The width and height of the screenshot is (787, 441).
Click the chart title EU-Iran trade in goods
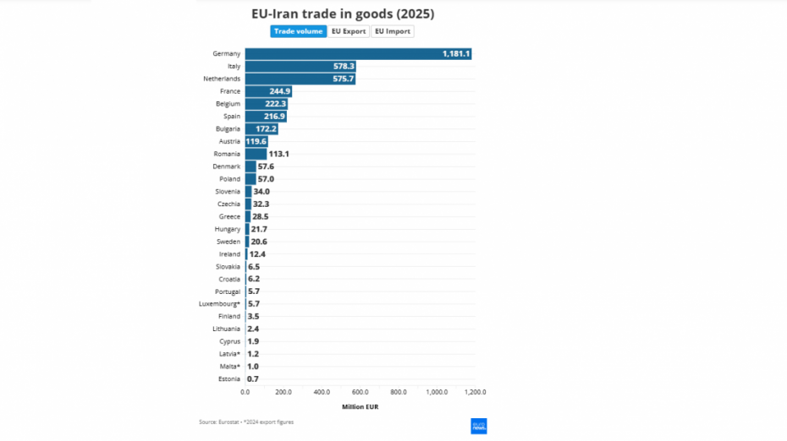tap(343, 14)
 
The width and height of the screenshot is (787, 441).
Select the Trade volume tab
tap(298, 31)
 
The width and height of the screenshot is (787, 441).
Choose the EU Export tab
tap(349, 31)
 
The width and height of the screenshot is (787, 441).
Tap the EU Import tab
tap(393, 31)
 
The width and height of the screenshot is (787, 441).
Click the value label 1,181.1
tap(455, 54)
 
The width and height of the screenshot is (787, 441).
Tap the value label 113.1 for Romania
tap(278, 154)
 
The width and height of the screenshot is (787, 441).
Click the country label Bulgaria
tap(228, 128)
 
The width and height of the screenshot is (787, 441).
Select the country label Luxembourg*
tap(220, 303)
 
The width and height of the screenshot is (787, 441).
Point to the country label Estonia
tap(228, 379)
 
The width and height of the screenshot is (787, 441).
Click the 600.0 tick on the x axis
tap(360, 392)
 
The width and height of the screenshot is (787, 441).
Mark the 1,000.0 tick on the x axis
tap(437, 392)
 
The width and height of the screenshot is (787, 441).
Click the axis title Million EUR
tap(360, 406)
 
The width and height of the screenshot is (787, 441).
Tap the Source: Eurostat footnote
tap(246, 422)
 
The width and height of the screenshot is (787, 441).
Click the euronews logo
tap(479, 426)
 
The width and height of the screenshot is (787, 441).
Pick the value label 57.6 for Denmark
tap(266, 166)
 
